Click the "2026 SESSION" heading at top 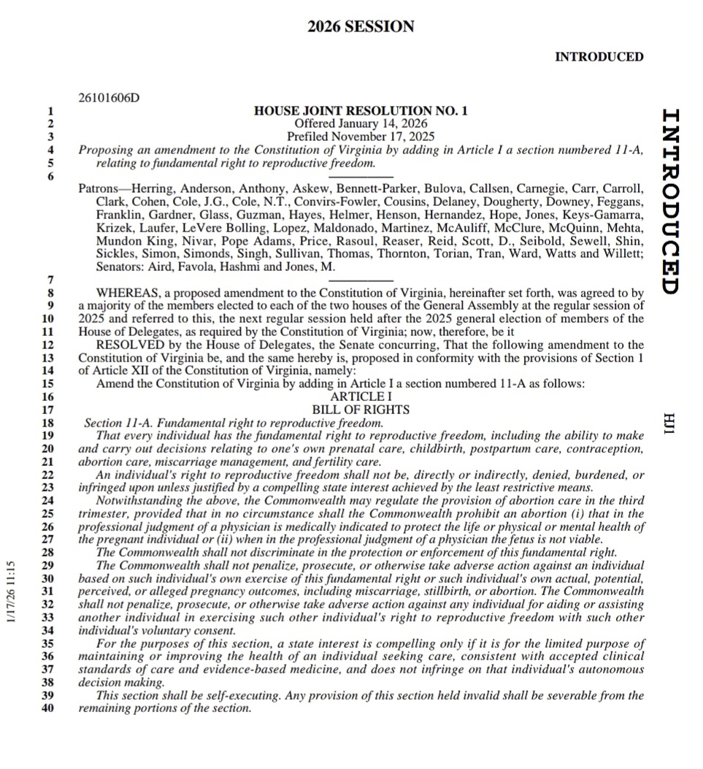pyautogui.click(x=361, y=27)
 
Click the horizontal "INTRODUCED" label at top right pyautogui.click(x=599, y=57)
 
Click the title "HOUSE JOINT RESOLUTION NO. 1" pyautogui.click(x=361, y=112)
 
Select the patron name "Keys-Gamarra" pyautogui.click(x=608, y=215)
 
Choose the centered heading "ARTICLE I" pyautogui.click(x=361, y=397)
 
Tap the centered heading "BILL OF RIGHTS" pyautogui.click(x=361, y=410)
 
